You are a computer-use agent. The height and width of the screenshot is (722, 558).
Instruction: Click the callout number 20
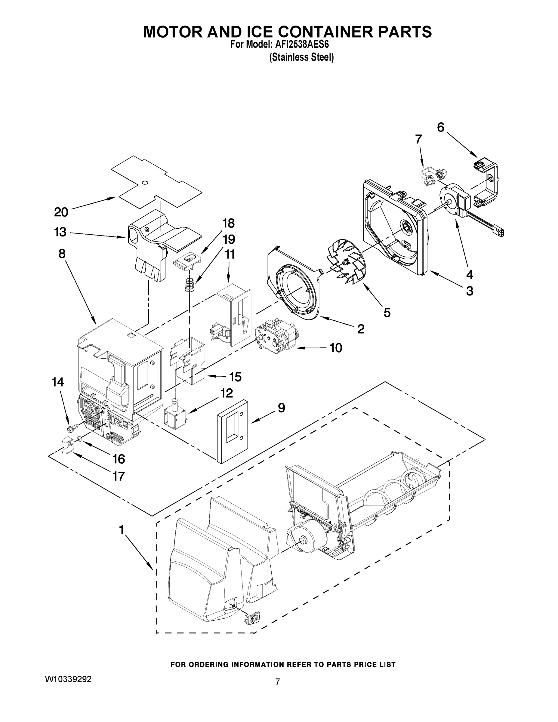[61, 212]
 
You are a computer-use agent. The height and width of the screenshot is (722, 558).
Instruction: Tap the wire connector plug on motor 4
[498, 232]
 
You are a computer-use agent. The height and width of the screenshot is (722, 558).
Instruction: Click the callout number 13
[60, 233]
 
